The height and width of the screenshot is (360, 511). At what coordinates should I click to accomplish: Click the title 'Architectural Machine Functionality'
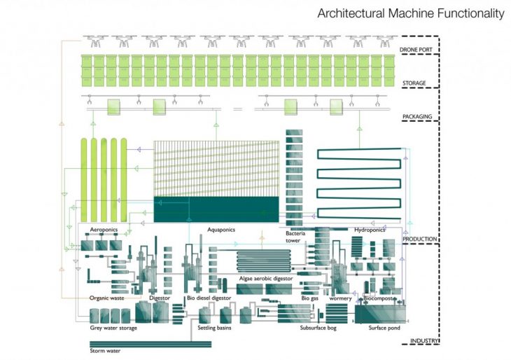coord(411,13)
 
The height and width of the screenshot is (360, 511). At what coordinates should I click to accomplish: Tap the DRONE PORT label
coord(418,50)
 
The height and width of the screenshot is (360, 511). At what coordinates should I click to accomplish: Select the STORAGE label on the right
coord(414,83)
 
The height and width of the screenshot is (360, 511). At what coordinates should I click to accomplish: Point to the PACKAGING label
coord(417,116)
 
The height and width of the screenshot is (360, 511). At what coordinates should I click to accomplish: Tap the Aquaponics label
coord(221,229)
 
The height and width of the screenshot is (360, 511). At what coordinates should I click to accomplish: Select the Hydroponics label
coord(370,229)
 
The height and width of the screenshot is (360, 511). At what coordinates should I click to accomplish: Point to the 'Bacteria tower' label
coord(297,237)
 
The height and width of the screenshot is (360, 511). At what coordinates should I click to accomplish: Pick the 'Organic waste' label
coord(106,298)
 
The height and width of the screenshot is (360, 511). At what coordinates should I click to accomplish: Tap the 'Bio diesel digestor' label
coord(209,298)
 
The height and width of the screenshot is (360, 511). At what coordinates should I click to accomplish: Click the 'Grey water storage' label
coord(113,328)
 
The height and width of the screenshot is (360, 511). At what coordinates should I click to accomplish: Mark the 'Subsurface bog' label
coord(318,328)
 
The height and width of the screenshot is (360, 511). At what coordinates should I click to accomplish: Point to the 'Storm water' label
coord(106,350)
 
